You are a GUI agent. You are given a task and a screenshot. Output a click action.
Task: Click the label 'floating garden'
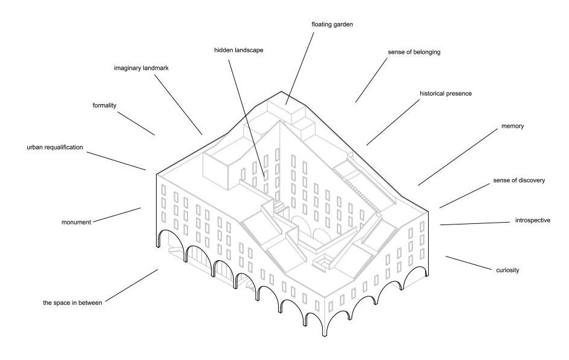[x=332, y=25]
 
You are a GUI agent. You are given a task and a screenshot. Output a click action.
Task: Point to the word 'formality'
[x=105, y=105]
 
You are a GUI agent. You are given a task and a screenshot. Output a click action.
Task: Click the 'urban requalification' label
[x=54, y=147]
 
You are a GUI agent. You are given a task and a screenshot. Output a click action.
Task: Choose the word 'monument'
[x=76, y=222]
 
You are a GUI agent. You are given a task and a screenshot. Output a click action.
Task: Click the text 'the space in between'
[x=73, y=302]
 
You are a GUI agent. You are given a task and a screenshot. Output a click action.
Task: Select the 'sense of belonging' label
[x=414, y=52]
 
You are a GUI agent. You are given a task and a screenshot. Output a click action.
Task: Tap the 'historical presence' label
[x=446, y=94]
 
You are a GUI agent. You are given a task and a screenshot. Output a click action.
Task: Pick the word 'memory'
[x=512, y=126]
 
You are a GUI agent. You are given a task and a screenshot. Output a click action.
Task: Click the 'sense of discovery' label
[x=519, y=180]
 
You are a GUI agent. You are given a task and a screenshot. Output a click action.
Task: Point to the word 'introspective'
[x=532, y=220]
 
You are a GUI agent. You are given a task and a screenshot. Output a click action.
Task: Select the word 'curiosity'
[x=507, y=270]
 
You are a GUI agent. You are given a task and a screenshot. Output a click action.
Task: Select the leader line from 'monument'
[x=117, y=214]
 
